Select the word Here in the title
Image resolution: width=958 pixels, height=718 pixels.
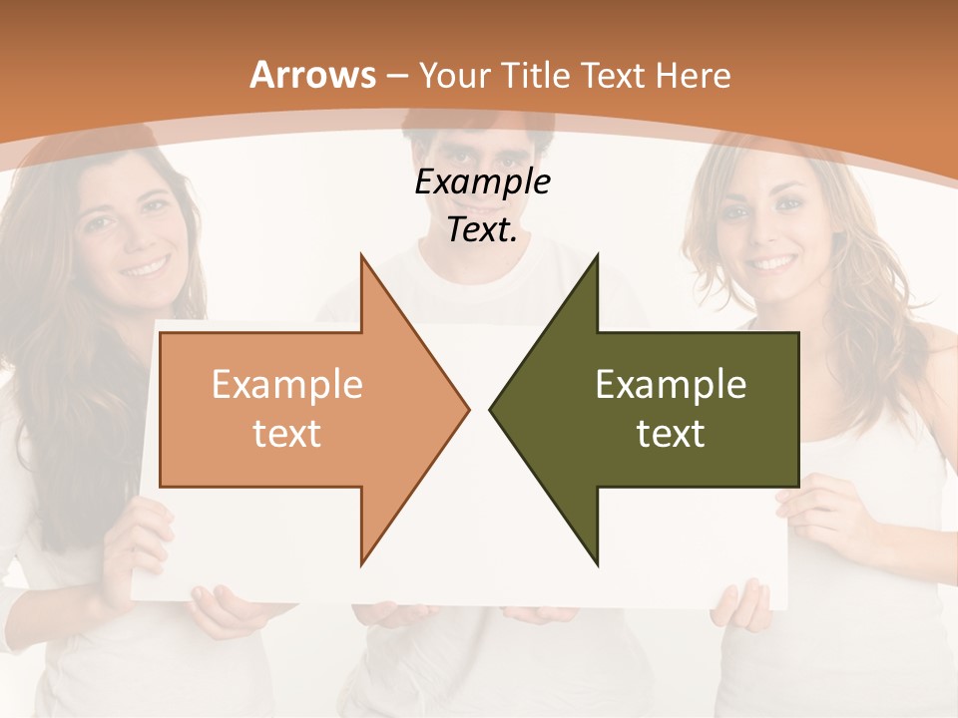[695, 76]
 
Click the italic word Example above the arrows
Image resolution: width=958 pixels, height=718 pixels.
[483, 183]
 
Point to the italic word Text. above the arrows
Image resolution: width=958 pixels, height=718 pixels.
[482, 230]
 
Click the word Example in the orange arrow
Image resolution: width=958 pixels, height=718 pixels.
[287, 385]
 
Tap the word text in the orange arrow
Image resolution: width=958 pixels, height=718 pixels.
[287, 434]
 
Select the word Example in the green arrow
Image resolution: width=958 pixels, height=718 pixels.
[671, 385]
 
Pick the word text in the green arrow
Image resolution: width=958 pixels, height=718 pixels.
[671, 434]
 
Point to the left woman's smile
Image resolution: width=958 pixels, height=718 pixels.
[146, 266]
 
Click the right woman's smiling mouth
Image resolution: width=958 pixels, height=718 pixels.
[772, 262]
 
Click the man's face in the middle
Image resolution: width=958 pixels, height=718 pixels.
[479, 150]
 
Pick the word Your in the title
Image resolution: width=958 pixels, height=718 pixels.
[455, 76]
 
